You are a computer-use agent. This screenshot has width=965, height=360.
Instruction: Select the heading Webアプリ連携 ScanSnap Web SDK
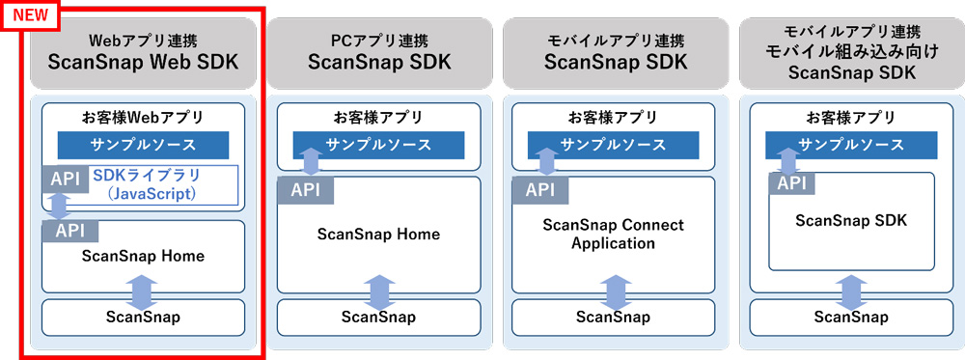click(x=143, y=53)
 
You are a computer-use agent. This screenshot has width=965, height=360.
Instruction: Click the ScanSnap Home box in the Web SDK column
click(x=143, y=256)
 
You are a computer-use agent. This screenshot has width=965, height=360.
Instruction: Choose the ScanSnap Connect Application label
click(x=613, y=234)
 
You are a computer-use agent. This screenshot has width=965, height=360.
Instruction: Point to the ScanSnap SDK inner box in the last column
click(x=851, y=221)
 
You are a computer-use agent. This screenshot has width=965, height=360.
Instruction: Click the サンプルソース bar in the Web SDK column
click(x=143, y=145)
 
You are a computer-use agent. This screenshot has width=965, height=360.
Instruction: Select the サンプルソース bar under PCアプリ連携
click(x=378, y=145)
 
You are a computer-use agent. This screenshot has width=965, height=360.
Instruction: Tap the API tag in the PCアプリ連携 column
click(x=305, y=190)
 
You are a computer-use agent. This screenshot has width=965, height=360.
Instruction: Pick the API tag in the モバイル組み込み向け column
click(x=789, y=183)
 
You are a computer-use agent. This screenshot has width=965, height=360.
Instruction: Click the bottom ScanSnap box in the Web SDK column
click(x=143, y=317)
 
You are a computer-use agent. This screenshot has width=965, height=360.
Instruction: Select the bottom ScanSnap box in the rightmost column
click(x=851, y=317)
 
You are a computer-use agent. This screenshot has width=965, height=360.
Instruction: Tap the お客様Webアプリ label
click(x=143, y=118)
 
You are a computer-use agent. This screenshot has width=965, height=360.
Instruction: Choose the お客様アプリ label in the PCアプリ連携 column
click(x=378, y=118)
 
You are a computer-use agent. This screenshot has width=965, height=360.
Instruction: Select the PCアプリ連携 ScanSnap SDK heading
click(x=378, y=53)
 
